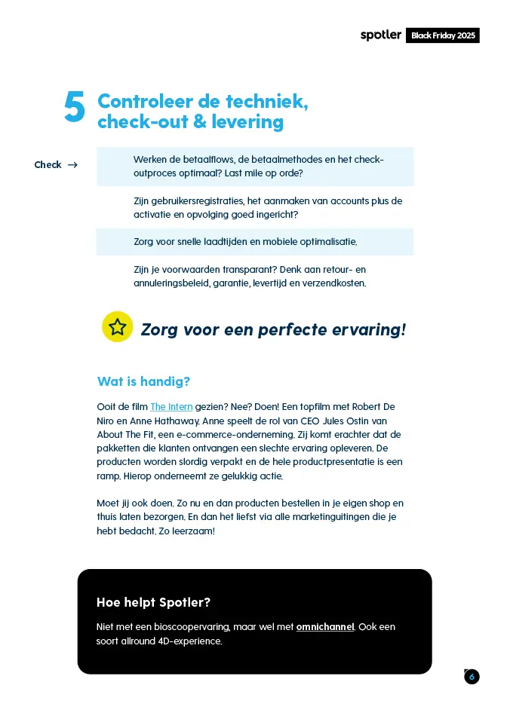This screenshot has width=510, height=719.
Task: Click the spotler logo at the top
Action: click(380, 35)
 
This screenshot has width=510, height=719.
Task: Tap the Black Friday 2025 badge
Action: click(443, 35)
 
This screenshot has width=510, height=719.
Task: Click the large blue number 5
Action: click(75, 108)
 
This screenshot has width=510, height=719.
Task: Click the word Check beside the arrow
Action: click(48, 165)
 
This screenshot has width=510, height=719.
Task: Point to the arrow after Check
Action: click(72, 165)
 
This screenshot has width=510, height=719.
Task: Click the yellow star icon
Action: click(117, 327)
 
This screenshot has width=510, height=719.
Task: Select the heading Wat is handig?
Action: click(143, 381)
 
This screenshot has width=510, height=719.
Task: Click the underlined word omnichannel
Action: click(325, 627)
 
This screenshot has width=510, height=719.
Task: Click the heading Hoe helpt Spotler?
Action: click(153, 602)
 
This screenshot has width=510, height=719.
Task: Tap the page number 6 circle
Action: click(472, 677)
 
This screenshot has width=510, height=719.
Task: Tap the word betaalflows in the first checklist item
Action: click(208, 160)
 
